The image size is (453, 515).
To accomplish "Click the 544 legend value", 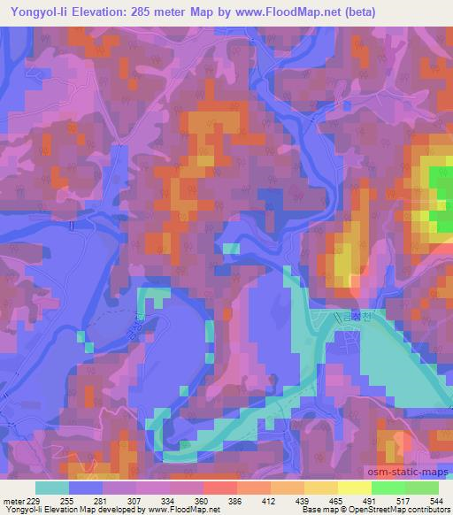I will [x=437, y=501].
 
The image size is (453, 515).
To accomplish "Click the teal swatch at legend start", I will [x=51, y=488].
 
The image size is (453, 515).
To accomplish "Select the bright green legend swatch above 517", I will [x=388, y=488].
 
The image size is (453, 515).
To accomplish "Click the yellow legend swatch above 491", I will [x=354, y=488].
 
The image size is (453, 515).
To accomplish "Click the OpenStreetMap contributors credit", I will [x=389, y=511].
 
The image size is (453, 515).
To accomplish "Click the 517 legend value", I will [x=403, y=501].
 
